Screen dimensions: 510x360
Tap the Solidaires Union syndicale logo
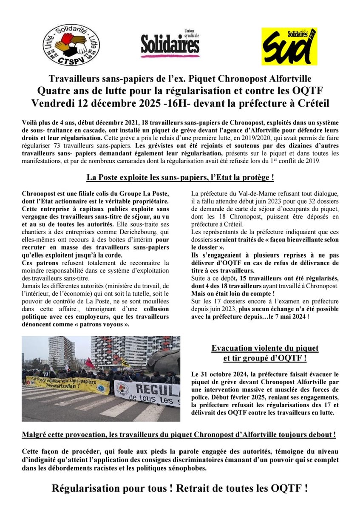coord(170,44)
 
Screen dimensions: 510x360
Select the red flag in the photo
coord(89,363)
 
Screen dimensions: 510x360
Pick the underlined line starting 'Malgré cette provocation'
coord(180,435)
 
